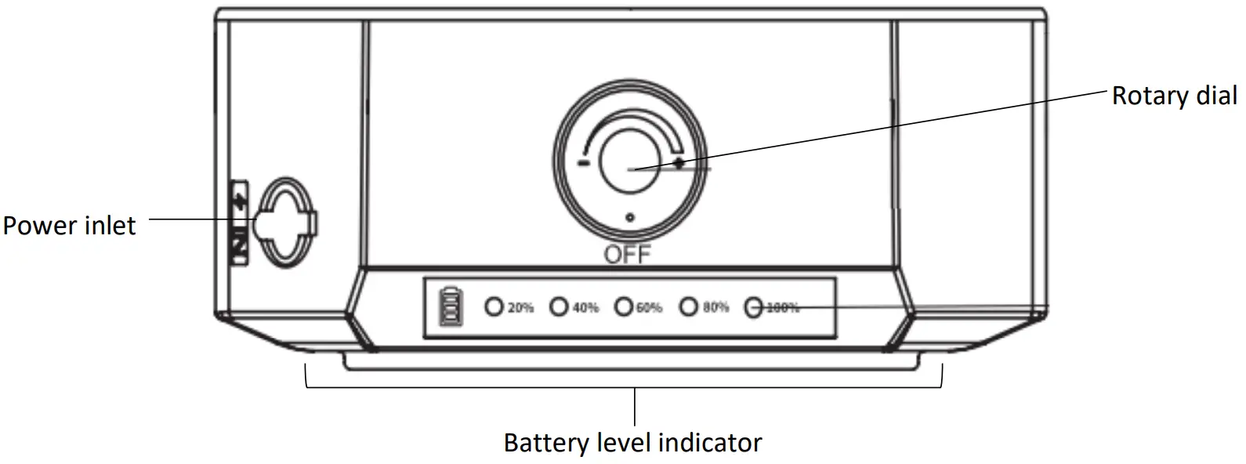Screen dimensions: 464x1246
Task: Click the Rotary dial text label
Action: pos(1174,96)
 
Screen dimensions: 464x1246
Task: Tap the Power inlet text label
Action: pos(69,226)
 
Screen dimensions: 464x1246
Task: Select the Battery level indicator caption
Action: pos(632,442)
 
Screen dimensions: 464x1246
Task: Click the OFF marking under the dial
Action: pos(627,255)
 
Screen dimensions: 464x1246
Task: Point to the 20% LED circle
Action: pos(494,306)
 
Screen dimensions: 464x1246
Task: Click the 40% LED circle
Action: pos(559,306)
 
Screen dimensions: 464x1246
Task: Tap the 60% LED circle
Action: pos(623,306)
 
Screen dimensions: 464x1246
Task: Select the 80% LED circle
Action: pos(688,306)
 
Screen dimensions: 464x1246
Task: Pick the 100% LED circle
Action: pos(753,307)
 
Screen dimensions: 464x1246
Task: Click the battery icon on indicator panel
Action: pos(450,306)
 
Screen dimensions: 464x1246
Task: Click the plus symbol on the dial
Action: pos(679,162)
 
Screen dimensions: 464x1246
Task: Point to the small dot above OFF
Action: pos(630,217)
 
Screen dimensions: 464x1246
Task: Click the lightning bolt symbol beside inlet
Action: pos(241,197)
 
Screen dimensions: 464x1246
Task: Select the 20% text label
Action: pos(520,307)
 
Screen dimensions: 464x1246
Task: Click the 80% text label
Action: pos(715,307)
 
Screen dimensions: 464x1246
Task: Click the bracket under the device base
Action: pos(623,386)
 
